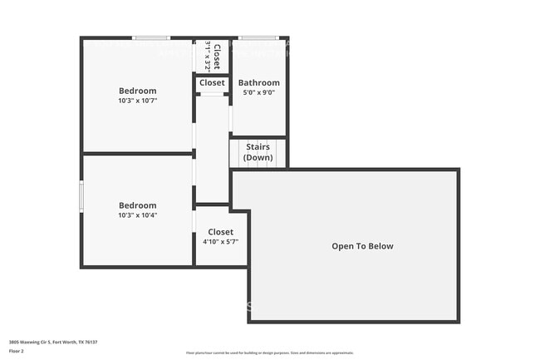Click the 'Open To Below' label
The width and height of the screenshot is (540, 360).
(x=362, y=246)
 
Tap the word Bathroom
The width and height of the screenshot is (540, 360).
(x=258, y=83)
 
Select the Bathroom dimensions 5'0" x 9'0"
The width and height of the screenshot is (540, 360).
(x=258, y=93)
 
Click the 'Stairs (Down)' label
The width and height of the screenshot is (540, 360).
(x=258, y=152)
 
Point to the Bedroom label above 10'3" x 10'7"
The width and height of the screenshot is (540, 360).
(x=137, y=91)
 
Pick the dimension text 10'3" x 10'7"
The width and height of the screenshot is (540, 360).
(x=137, y=101)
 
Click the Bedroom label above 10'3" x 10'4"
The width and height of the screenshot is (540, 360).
(x=137, y=205)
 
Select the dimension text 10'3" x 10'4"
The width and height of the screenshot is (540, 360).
(x=137, y=215)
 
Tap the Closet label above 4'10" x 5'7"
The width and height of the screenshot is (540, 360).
(x=220, y=232)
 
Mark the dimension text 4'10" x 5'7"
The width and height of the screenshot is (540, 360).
(x=220, y=242)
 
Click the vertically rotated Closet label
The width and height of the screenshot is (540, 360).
(x=217, y=56)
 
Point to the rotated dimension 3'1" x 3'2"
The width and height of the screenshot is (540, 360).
(x=208, y=56)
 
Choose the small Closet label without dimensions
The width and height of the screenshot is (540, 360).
(x=212, y=83)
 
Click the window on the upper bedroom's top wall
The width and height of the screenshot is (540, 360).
(x=152, y=37)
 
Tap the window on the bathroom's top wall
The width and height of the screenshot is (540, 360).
(x=258, y=37)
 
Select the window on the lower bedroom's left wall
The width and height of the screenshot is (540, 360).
(x=81, y=196)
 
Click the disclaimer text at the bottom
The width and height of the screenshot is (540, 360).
(x=269, y=353)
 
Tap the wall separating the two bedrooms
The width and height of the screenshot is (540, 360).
(x=137, y=153)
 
